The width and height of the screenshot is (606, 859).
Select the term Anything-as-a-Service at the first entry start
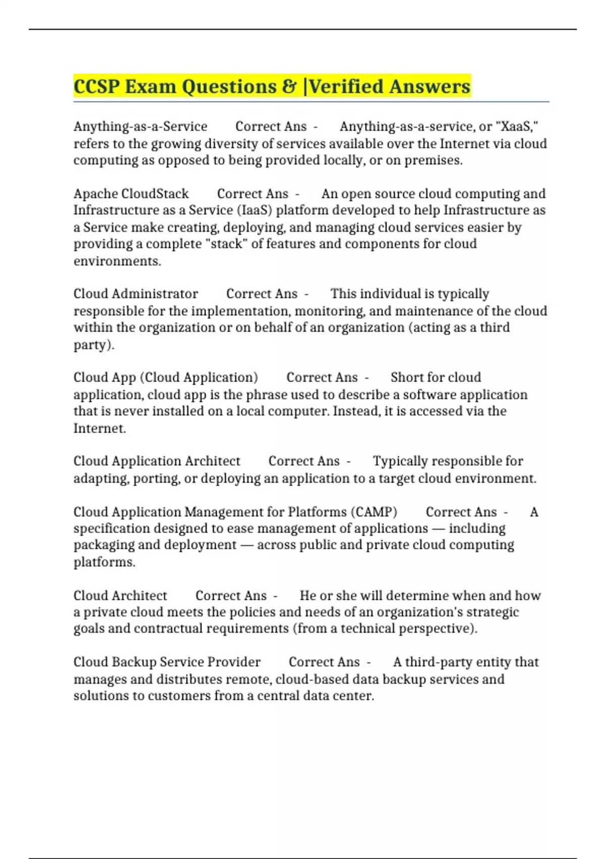click(x=140, y=126)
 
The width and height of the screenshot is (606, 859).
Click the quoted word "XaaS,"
click(x=518, y=126)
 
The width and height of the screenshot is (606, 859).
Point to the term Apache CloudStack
click(x=131, y=194)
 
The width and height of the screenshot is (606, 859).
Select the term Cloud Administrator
click(x=135, y=294)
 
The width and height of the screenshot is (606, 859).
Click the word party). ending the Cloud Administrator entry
click(x=94, y=345)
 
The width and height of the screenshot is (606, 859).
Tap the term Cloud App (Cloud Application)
click(x=166, y=377)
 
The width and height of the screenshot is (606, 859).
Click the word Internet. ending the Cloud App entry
click(x=99, y=428)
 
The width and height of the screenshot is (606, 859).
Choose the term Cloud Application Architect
click(x=157, y=461)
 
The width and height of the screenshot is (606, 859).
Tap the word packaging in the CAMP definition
click(x=103, y=545)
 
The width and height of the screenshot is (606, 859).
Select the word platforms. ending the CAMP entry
click(x=105, y=562)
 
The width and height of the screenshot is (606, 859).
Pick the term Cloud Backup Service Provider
click(x=167, y=662)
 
